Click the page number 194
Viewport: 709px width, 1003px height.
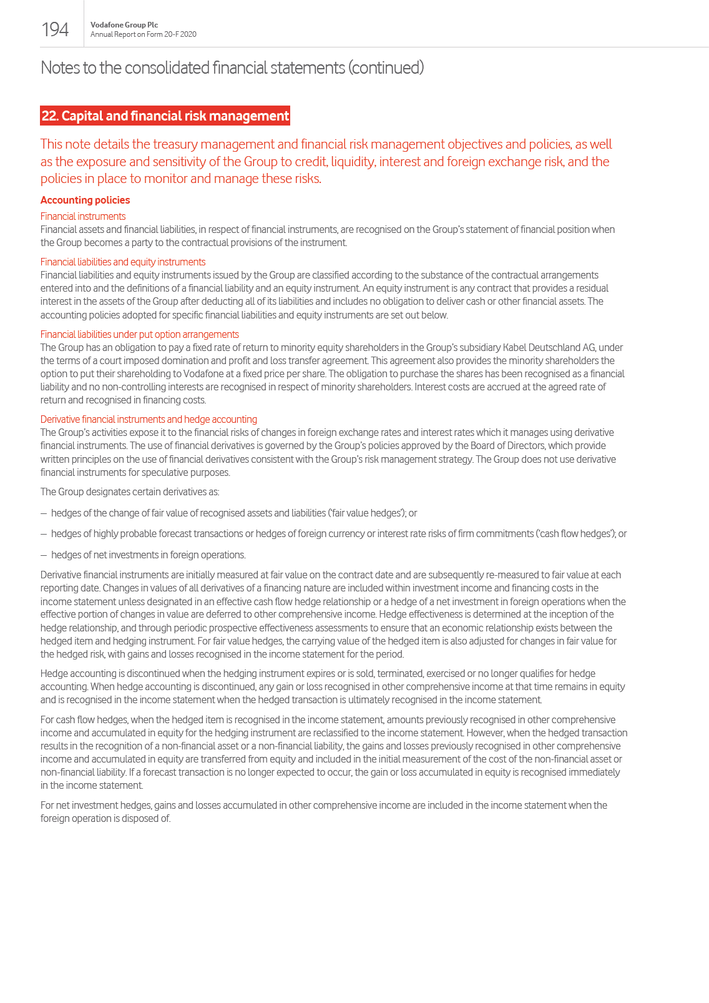pyautogui.click(x=55, y=29)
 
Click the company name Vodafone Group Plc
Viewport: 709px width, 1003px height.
pyautogui.click(x=124, y=25)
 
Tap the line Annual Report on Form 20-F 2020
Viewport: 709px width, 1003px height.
pyautogui.click(x=143, y=34)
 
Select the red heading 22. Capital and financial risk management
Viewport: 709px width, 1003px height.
pyautogui.click(x=165, y=116)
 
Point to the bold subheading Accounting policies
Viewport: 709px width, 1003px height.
pyautogui.click(x=85, y=200)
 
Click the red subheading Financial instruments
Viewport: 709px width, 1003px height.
pyautogui.click(x=83, y=216)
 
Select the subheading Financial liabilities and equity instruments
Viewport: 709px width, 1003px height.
pyautogui.click(x=123, y=262)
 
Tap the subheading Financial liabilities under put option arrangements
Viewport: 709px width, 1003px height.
pyautogui.click(x=139, y=334)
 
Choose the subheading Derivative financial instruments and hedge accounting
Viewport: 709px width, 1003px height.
pyautogui.click(x=149, y=419)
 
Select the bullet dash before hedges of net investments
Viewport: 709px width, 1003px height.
pyautogui.click(x=44, y=555)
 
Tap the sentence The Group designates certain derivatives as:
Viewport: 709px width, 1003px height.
pyautogui.click(x=130, y=492)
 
